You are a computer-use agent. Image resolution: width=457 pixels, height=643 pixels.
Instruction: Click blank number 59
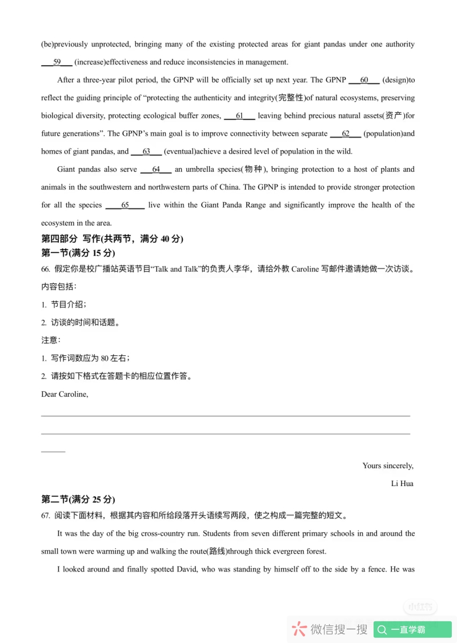coord(57,62)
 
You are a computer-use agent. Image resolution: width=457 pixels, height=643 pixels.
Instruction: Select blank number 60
coord(364,80)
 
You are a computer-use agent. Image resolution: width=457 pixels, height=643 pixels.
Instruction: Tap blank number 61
coord(239,116)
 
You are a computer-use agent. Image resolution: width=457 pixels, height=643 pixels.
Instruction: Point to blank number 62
coord(345,134)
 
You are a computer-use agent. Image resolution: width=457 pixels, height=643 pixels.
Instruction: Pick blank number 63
coord(146,151)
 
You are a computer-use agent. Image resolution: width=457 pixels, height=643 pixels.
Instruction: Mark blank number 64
coord(155,169)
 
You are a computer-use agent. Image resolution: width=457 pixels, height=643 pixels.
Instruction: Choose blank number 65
coord(125,205)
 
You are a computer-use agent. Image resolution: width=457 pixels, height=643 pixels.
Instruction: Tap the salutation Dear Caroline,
coord(65,394)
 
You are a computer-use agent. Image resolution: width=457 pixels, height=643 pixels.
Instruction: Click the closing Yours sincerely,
coord(388,465)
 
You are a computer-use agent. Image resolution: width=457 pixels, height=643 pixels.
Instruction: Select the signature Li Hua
coord(402,484)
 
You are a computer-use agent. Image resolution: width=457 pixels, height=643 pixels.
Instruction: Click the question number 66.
coord(46,269)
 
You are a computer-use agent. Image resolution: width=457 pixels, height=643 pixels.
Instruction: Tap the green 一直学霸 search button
coord(412,629)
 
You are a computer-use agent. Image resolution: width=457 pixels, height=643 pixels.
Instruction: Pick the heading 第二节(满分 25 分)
coord(78,500)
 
